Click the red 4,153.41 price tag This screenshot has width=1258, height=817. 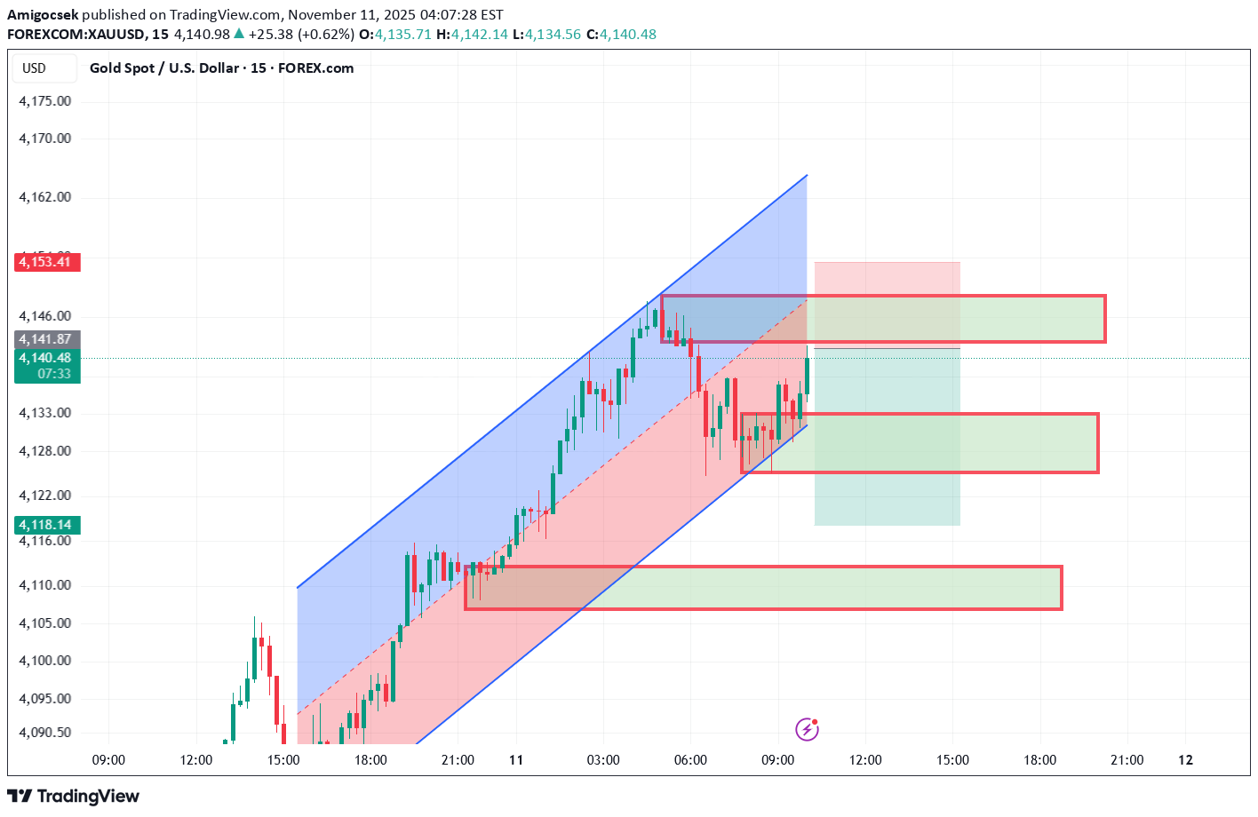tap(47, 262)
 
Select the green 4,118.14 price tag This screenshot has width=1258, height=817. tap(47, 525)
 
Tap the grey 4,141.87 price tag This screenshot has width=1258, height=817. tap(47, 339)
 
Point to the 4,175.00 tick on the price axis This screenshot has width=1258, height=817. tap(45, 101)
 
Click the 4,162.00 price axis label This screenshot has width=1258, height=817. tap(45, 197)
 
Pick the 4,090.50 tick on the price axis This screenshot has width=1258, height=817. tap(45, 733)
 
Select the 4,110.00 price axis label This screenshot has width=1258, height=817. tap(45, 585)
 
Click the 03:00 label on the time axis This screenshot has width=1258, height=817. tap(603, 760)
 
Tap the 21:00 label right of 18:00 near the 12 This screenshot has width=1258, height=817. tap(1127, 760)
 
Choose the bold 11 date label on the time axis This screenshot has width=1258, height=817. tap(516, 760)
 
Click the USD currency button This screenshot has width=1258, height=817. tap(35, 68)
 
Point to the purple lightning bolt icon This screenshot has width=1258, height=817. tap(807, 730)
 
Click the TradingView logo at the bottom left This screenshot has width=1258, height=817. tap(74, 796)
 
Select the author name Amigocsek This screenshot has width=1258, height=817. tap(43, 15)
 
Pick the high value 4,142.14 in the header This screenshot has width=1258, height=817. tap(480, 35)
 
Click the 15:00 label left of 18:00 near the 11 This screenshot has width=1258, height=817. tap(283, 760)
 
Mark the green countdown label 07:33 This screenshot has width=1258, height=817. tap(54, 374)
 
